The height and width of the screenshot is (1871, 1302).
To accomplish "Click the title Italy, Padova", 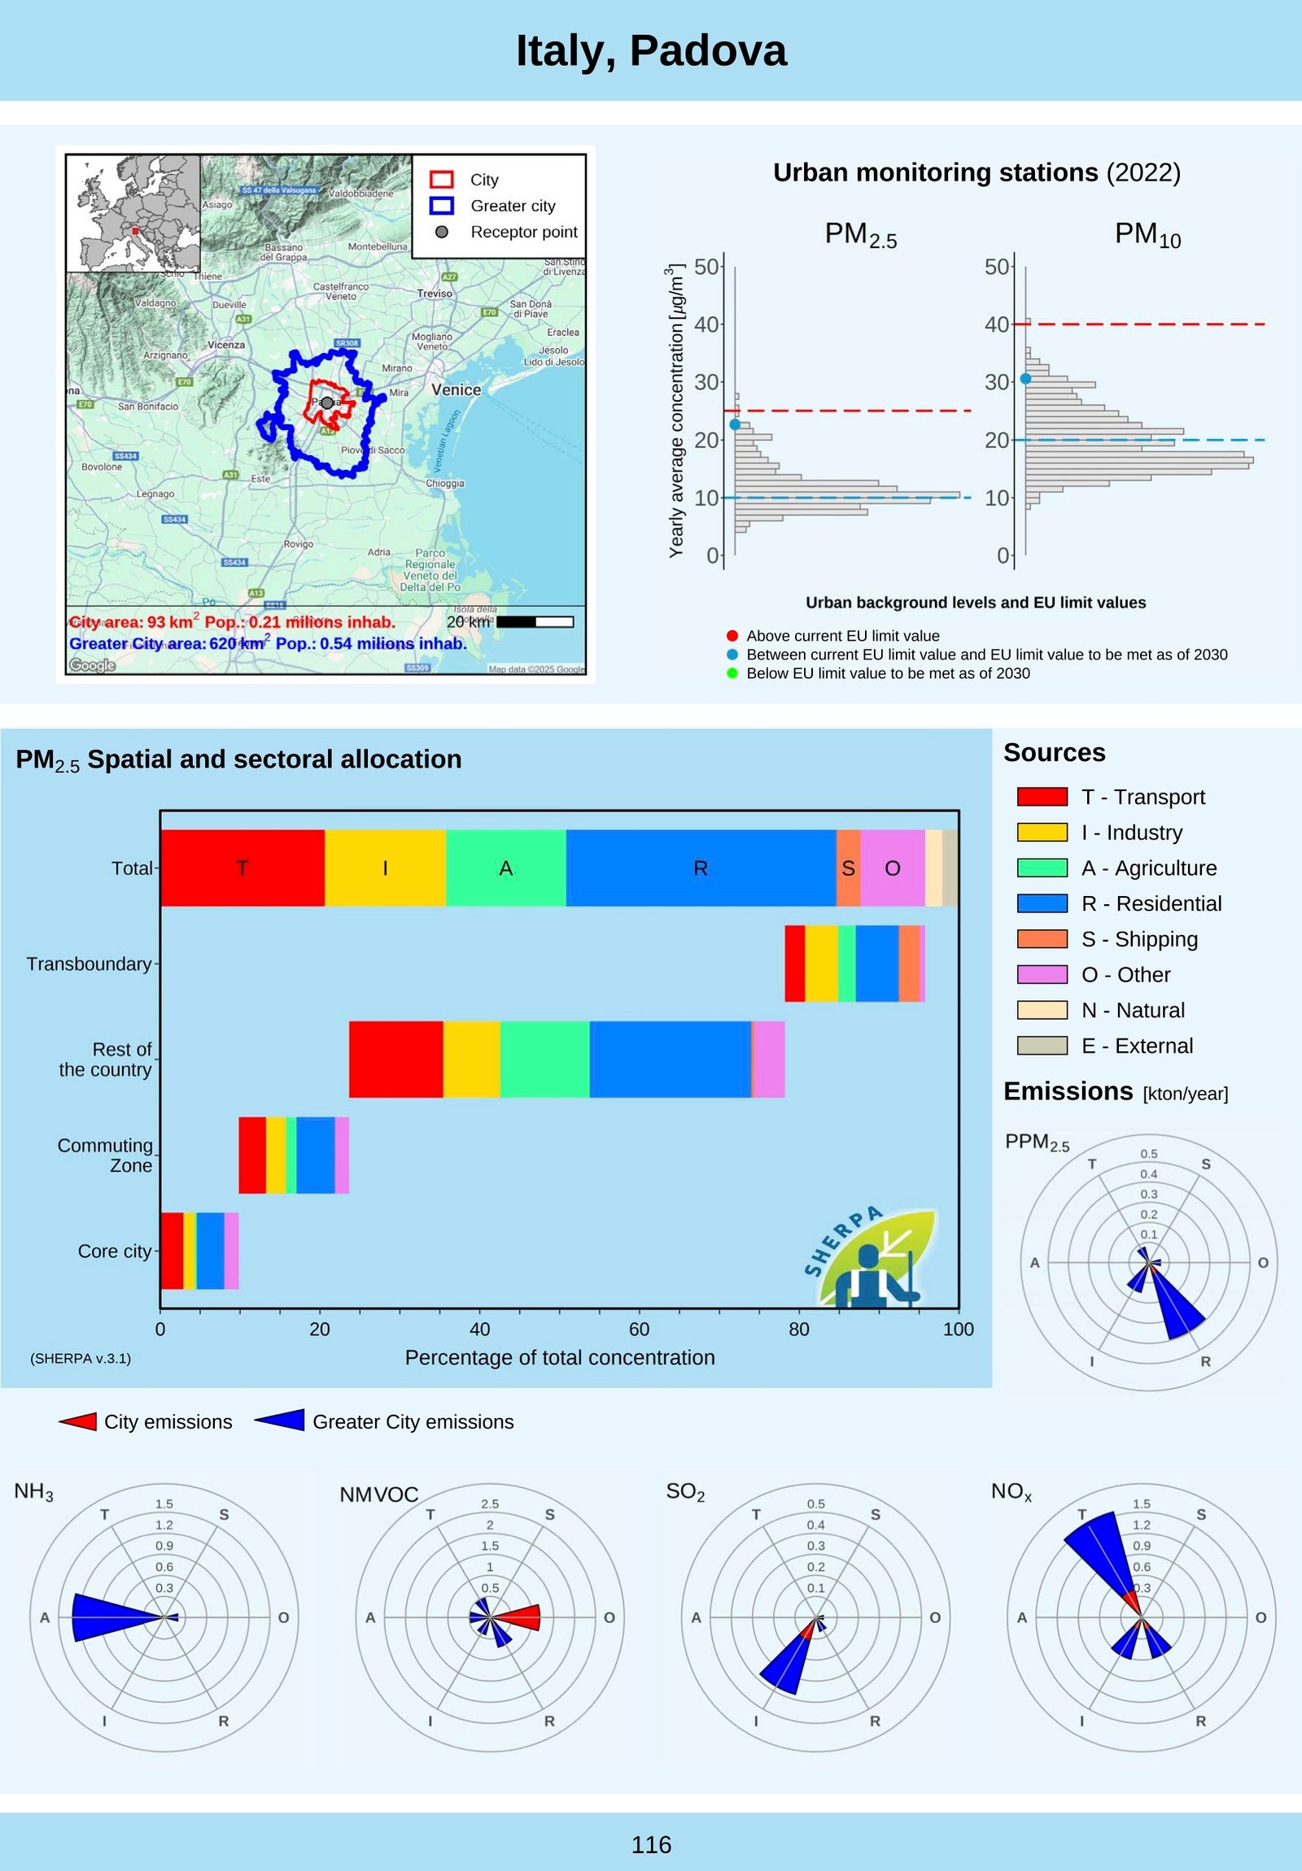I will (650, 50).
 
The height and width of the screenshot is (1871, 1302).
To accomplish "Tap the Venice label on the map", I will (456, 389).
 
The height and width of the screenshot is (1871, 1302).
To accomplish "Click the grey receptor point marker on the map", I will (327, 402).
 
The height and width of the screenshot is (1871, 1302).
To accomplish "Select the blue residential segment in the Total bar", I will (701, 868).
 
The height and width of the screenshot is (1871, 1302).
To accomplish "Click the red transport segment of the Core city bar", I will (171, 1251).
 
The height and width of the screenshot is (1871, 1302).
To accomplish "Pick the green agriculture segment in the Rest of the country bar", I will (544, 1060).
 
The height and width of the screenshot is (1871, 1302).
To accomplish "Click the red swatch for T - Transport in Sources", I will (1042, 797).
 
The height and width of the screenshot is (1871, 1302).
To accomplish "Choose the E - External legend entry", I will (1137, 1046).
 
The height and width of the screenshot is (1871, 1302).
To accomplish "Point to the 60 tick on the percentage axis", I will (639, 1329).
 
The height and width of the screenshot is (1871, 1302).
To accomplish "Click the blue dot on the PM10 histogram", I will (1025, 379).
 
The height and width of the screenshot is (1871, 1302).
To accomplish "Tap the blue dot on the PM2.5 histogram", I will (735, 424).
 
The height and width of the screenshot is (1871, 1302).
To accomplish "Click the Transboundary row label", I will (89, 964).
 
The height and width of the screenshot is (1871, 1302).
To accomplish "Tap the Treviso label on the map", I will (435, 294).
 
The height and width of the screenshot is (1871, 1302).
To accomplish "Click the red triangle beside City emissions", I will (79, 1422).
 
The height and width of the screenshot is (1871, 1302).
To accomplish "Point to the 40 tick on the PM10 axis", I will (996, 324).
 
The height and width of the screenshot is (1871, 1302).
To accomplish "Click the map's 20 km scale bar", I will (535, 622).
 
